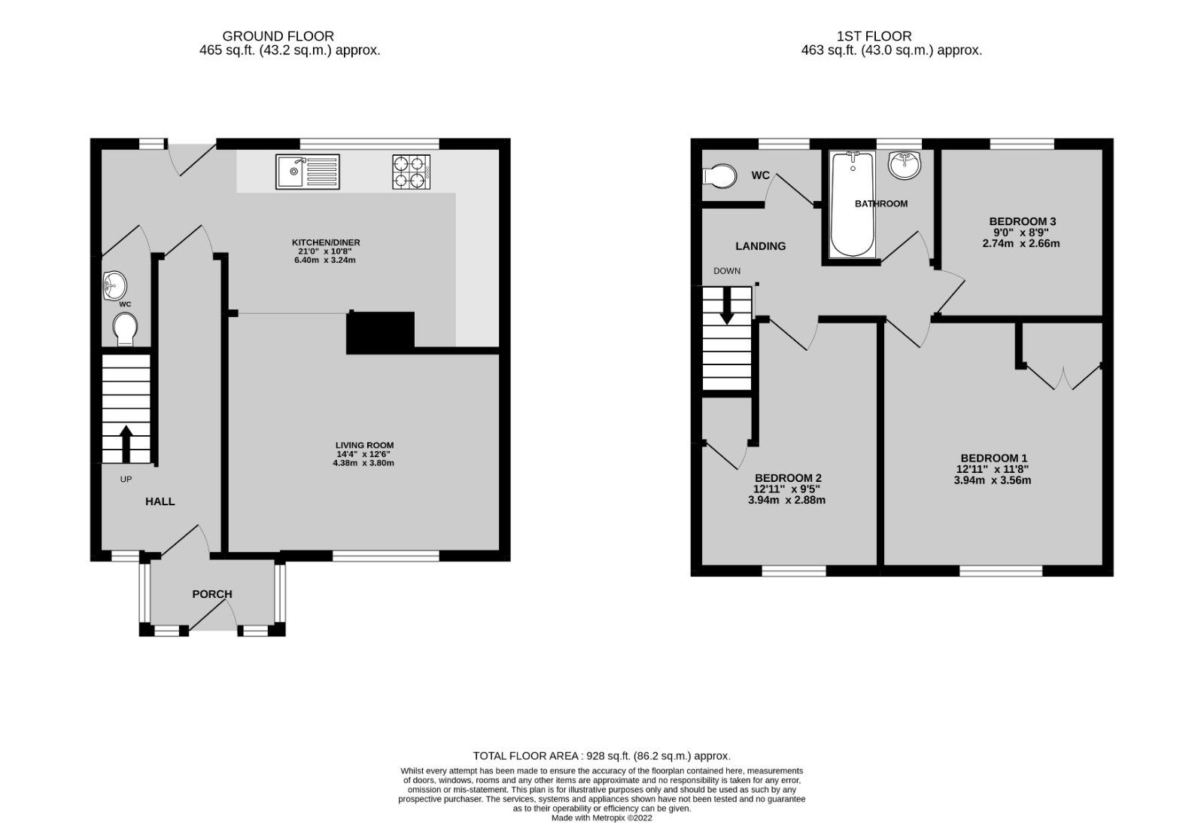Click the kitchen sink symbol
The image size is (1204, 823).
point(308,172)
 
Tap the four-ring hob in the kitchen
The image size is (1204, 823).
point(411,172)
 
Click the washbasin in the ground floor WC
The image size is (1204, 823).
point(114,285)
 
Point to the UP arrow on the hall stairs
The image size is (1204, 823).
point(126,443)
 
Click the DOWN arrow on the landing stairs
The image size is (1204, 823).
point(726,307)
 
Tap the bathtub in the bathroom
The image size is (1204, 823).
point(853,204)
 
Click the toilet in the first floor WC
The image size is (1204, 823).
point(719,175)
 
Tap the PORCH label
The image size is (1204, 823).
point(212,594)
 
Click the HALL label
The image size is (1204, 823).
point(160,501)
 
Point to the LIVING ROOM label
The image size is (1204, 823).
point(364,445)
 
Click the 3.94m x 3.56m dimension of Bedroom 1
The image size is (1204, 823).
point(993,480)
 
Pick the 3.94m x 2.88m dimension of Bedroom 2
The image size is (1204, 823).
point(787,500)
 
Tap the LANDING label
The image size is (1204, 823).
point(760,246)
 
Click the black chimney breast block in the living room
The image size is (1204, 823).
point(380,333)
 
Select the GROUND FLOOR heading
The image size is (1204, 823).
point(278,36)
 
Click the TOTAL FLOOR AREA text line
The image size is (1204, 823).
point(601,756)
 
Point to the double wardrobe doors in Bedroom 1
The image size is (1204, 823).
point(1063,376)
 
